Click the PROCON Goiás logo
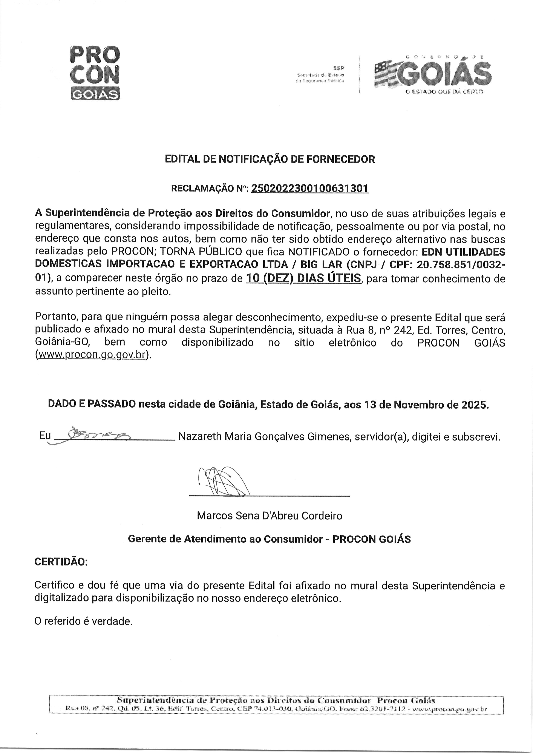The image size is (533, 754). (x=95, y=73)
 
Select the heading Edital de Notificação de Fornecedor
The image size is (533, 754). (x=270, y=159)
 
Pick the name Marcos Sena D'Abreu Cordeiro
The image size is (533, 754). (x=270, y=516)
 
